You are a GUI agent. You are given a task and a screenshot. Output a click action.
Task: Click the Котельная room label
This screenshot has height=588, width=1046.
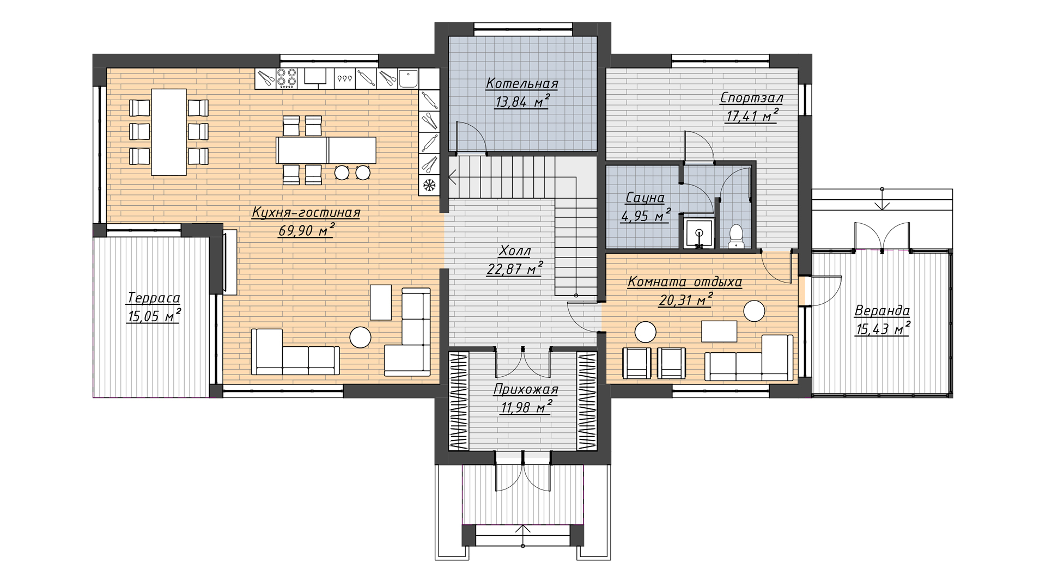click(522, 83)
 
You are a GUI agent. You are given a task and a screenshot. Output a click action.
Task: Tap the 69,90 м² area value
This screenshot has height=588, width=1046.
click(306, 230)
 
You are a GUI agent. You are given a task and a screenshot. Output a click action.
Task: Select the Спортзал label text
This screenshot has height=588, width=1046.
click(751, 98)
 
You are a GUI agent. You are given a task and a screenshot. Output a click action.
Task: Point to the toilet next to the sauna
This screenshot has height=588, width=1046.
click(736, 236)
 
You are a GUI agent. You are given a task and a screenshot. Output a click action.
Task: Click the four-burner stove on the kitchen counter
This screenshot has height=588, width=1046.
click(287, 78)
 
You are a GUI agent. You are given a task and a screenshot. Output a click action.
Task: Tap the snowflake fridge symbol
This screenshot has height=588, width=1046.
click(429, 185)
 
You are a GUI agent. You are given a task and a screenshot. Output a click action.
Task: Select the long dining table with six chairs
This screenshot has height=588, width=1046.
click(169, 132)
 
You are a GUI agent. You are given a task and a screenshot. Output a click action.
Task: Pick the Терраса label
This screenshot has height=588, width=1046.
click(153, 298)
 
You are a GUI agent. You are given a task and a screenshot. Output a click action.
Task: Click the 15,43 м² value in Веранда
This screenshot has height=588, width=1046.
click(883, 328)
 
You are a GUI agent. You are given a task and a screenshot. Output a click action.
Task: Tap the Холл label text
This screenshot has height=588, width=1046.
click(515, 250)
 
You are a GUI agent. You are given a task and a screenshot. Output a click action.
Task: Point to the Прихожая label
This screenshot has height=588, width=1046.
click(526, 389)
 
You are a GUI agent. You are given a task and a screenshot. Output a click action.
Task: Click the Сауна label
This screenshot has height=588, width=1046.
click(645, 197)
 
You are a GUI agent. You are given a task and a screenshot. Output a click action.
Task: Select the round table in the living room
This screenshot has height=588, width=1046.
click(360, 337)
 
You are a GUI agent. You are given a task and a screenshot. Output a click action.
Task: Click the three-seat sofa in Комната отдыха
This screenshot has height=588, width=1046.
click(749, 358)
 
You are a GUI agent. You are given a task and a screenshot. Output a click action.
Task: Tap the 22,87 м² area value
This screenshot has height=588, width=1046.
click(515, 268)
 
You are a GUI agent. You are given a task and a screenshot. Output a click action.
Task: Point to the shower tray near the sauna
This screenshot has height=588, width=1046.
click(698, 234)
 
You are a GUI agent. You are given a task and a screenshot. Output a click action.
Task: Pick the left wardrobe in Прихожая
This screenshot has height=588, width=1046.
click(458, 401)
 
